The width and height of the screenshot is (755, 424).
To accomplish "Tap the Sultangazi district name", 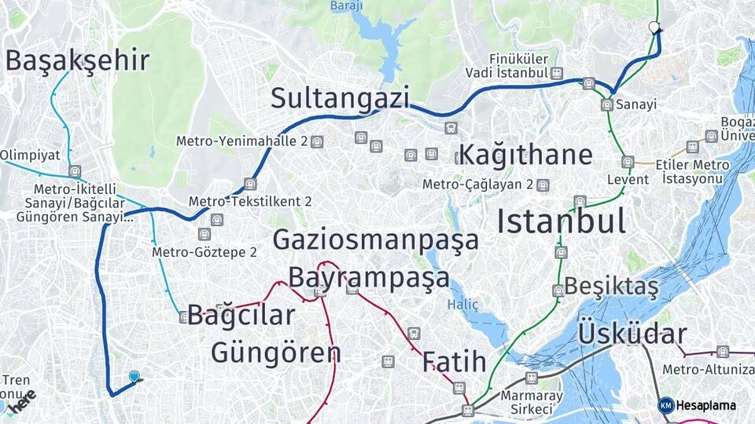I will click(x=341, y=98).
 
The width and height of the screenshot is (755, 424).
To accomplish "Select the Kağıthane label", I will click(x=525, y=154).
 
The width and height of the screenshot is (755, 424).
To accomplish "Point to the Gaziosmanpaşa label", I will click(x=376, y=239).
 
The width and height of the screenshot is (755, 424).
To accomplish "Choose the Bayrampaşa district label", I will click(x=369, y=277).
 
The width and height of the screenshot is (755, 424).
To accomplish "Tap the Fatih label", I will click(x=454, y=362).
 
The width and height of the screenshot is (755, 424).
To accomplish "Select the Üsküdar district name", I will click(x=632, y=334).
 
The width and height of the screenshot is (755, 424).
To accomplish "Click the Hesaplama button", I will click(x=698, y=405).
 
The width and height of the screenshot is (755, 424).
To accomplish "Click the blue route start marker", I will click(x=134, y=378).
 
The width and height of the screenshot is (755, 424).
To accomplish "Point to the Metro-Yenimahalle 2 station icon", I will click(x=317, y=142).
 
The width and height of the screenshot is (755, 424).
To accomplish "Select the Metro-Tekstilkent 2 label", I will click(x=250, y=201).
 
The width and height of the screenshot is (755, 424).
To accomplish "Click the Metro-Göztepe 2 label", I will click(x=204, y=252).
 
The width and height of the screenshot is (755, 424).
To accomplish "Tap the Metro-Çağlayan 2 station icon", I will click(x=542, y=185).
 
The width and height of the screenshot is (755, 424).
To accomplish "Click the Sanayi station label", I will click(x=632, y=104).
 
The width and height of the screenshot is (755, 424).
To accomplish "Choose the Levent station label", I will click(x=628, y=180).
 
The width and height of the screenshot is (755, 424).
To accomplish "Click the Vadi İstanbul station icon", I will click(x=557, y=73).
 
